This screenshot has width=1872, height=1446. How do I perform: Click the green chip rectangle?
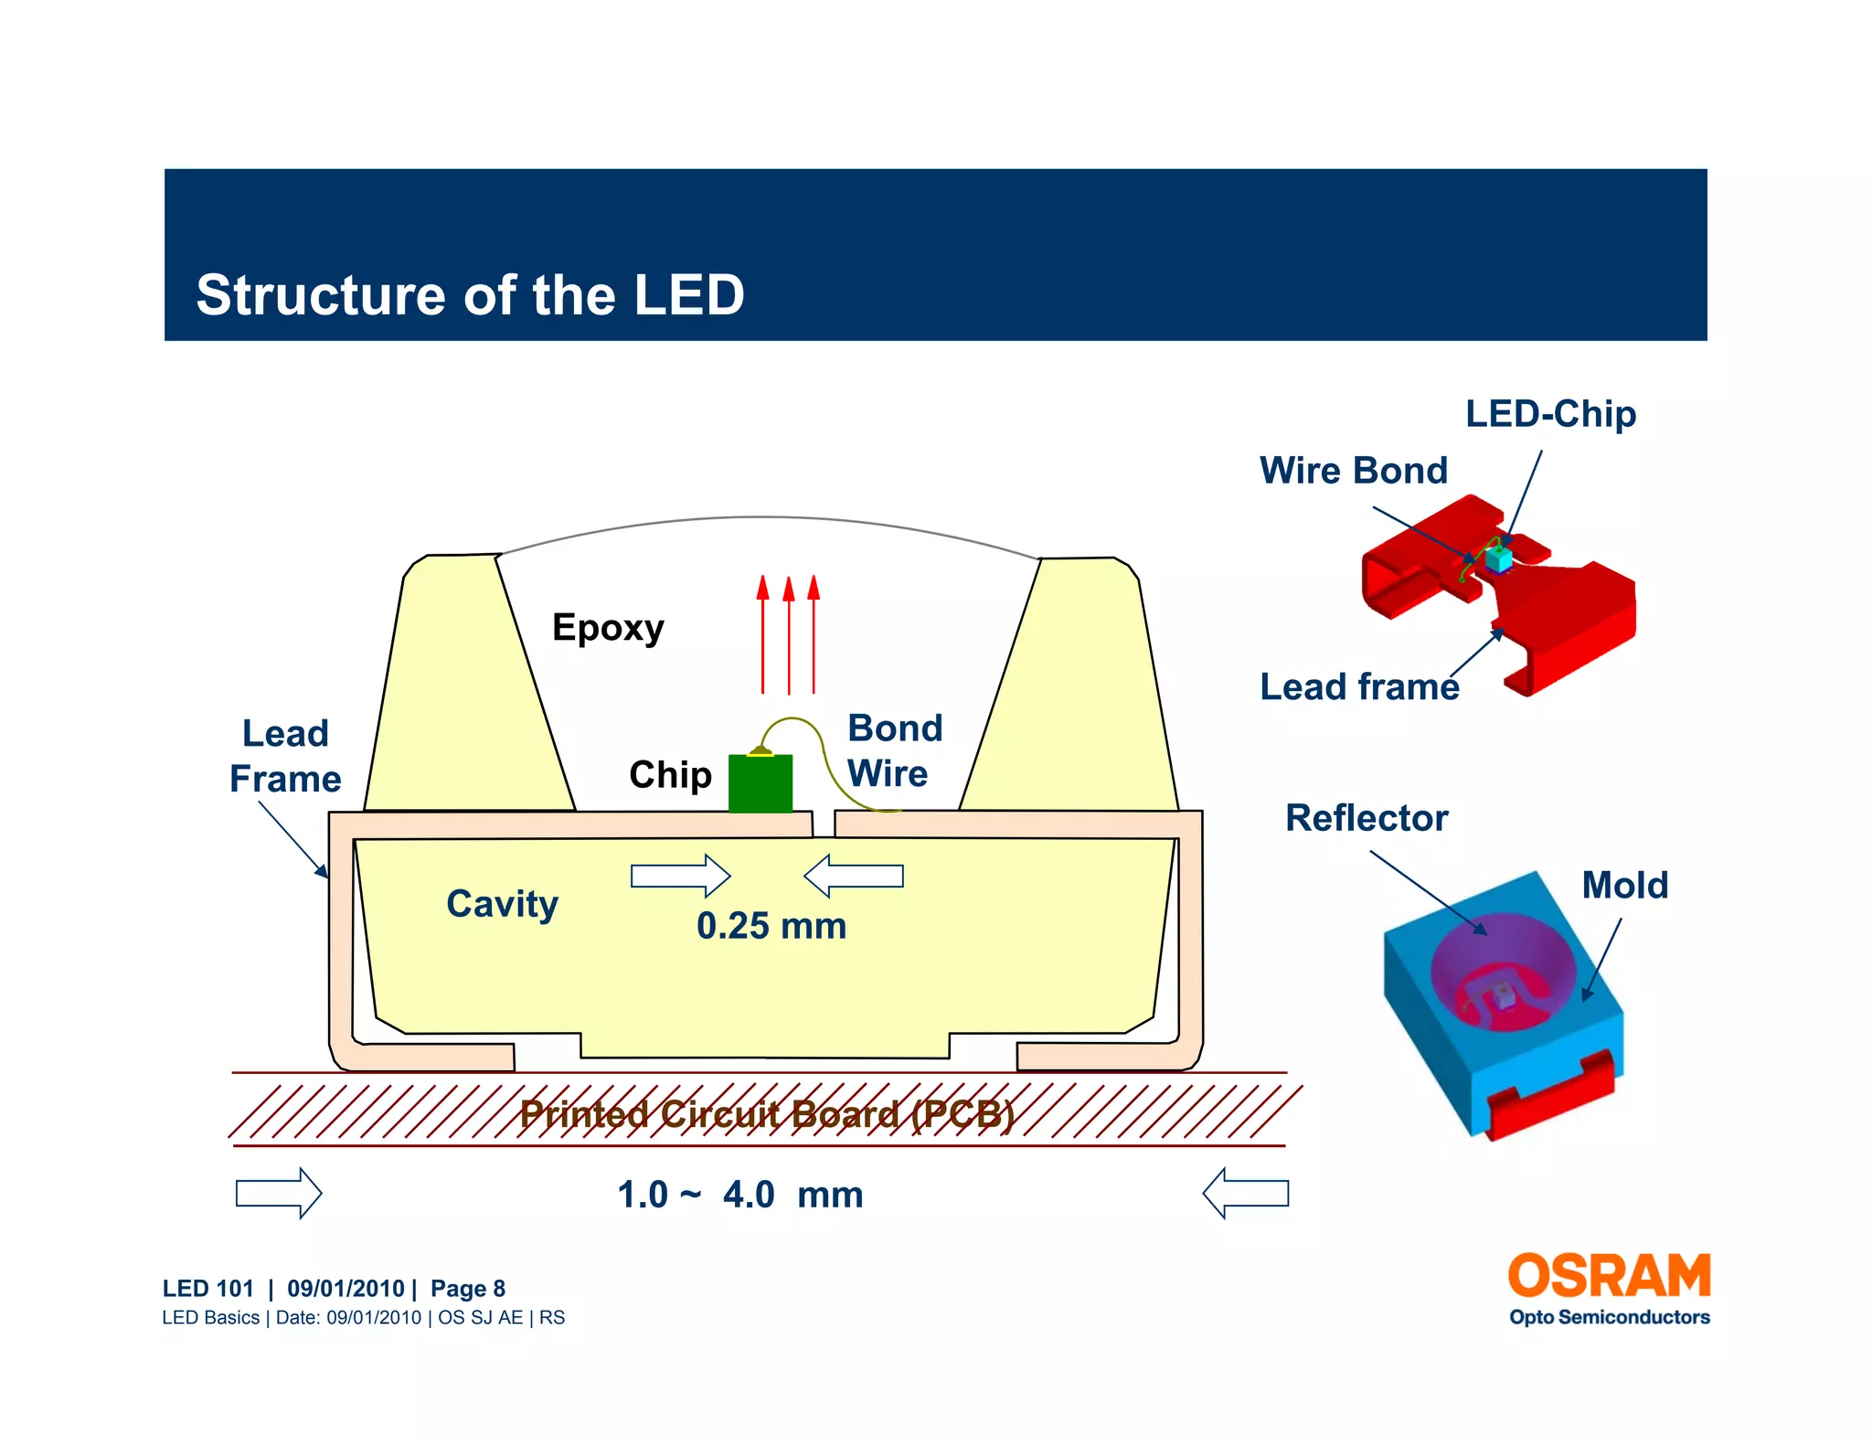[x=760, y=783]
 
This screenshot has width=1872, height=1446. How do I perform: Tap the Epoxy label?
[x=608, y=628]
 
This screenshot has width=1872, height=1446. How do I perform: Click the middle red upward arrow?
[x=788, y=635]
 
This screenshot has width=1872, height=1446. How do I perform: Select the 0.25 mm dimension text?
[x=771, y=926]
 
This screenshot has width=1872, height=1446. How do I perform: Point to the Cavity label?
[x=502, y=904]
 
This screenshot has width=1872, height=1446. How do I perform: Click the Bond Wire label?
[x=893, y=751]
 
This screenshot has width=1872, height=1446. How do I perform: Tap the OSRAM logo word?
[x=1608, y=1276]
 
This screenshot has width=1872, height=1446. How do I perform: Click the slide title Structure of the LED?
[x=470, y=295]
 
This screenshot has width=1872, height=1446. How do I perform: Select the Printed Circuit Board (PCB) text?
[x=766, y=1114]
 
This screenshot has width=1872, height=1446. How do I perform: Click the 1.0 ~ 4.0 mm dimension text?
[x=739, y=1195]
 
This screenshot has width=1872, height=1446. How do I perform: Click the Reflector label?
[x=1366, y=818]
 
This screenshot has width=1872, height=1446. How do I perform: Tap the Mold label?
[x=1624, y=885]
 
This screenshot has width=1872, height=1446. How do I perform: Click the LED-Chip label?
[x=1550, y=414]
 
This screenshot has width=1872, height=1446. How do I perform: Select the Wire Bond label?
[x=1353, y=471]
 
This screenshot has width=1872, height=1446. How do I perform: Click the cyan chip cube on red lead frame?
[x=1497, y=558]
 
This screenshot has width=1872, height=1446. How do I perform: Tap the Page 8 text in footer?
[x=467, y=1289]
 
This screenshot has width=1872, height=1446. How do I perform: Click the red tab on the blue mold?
[x=1550, y=1095]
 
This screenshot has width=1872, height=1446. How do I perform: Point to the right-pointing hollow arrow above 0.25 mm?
[x=680, y=876]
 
